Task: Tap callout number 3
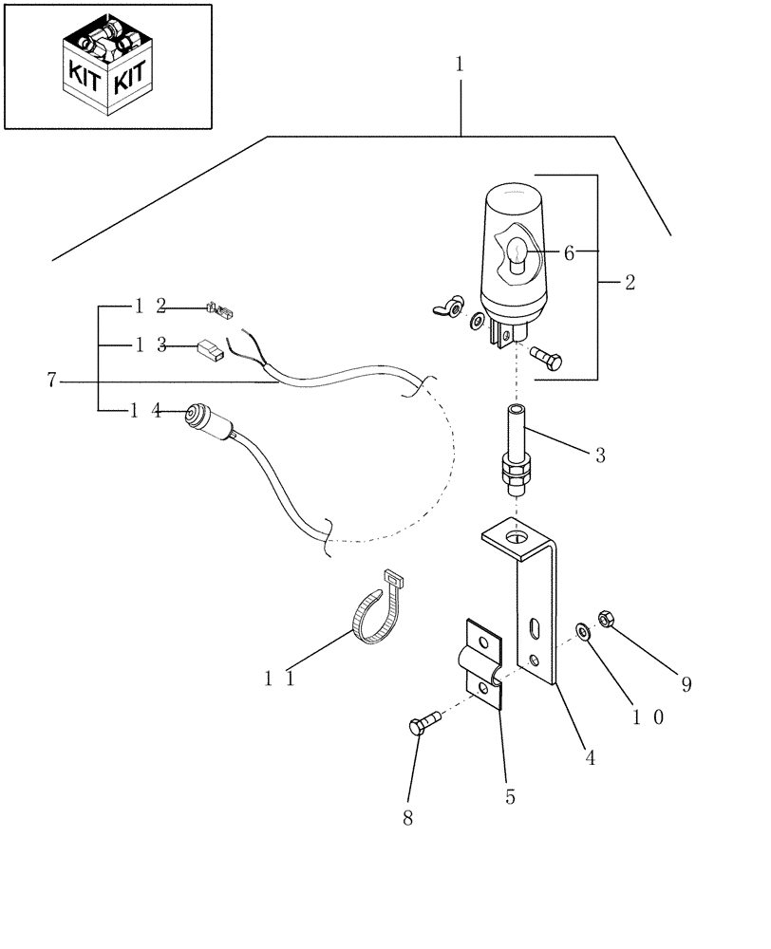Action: point(600,456)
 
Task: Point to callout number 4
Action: point(590,758)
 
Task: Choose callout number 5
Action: point(510,797)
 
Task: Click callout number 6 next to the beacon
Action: point(569,252)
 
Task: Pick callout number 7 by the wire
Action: point(52,381)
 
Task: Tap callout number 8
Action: point(407,818)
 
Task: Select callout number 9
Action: point(686,683)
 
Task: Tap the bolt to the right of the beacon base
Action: point(547,359)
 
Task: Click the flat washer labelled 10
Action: point(582,630)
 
